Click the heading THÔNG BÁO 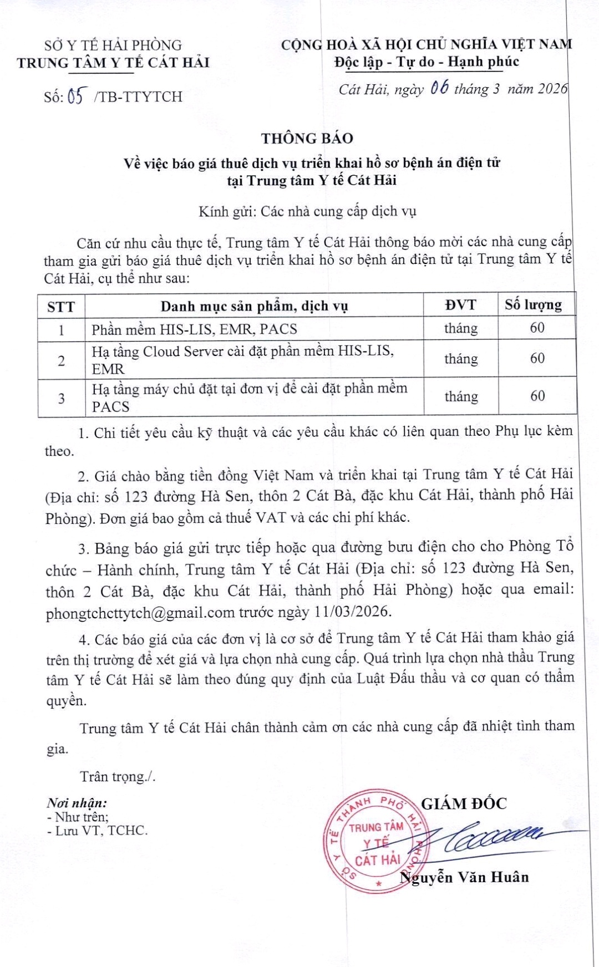tap(307, 138)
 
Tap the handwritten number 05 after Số tap(77, 96)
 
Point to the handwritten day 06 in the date tap(439, 88)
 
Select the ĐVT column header tap(460, 305)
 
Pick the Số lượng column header tap(533, 304)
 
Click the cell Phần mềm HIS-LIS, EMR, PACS tap(194, 329)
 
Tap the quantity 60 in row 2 tap(537, 359)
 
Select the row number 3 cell tap(61, 398)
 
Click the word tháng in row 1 tap(460, 329)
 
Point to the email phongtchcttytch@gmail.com tap(140, 613)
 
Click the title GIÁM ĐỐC tap(464, 804)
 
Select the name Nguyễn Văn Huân tap(465, 877)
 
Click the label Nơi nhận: tap(77, 802)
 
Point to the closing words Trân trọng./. tap(118, 776)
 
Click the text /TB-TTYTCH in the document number tap(138, 96)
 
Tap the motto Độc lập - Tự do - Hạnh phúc tap(427, 62)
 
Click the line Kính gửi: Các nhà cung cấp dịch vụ tap(307, 211)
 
